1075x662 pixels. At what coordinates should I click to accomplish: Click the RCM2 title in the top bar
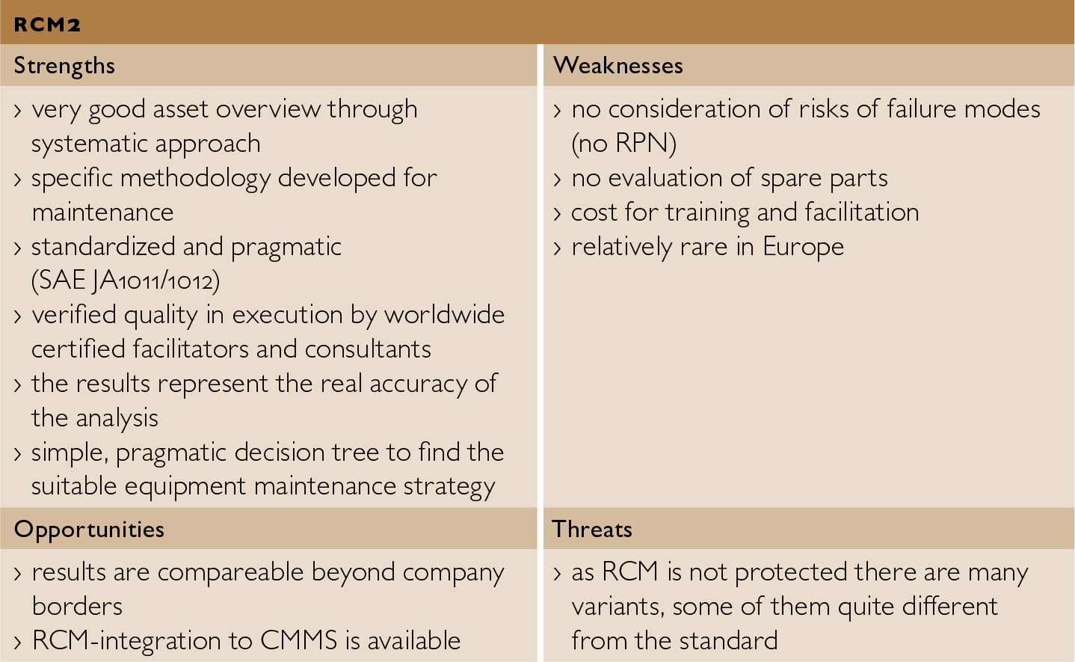(x=47, y=25)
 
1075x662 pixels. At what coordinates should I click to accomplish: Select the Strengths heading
(x=64, y=66)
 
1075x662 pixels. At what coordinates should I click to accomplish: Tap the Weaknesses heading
(x=618, y=66)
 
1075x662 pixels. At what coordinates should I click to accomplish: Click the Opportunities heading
(x=89, y=530)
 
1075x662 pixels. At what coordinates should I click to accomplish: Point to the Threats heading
(x=592, y=530)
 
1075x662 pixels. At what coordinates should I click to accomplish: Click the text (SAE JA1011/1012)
(x=126, y=281)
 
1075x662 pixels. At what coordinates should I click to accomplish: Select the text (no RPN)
(x=623, y=144)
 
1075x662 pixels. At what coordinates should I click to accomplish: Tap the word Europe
(x=803, y=247)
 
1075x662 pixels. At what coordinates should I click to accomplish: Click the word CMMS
(x=298, y=641)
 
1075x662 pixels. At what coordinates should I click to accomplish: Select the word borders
(x=77, y=607)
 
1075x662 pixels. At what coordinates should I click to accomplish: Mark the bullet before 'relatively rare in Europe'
(x=557, y=248)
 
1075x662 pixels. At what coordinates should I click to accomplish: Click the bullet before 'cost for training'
(x=557, y=214)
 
